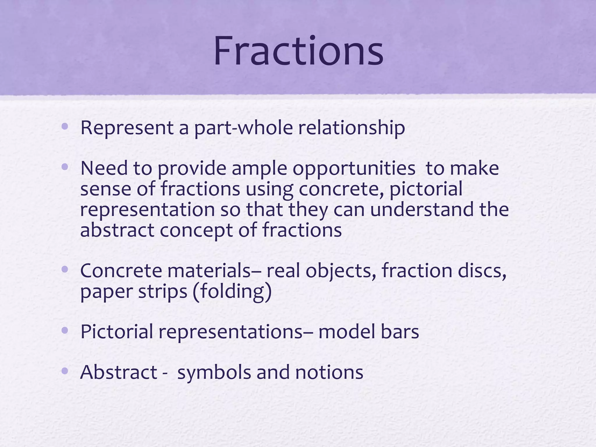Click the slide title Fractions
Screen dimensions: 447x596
[298, 52]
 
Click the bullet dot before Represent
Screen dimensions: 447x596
[65, 127]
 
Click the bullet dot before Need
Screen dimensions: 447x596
[65, 167]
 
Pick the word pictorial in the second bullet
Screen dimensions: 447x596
[426, 189]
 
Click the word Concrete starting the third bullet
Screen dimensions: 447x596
[121, 271]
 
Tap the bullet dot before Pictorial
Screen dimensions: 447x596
[65, 330]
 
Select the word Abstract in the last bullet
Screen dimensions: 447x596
[118, 372]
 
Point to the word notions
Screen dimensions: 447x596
[329, 372]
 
